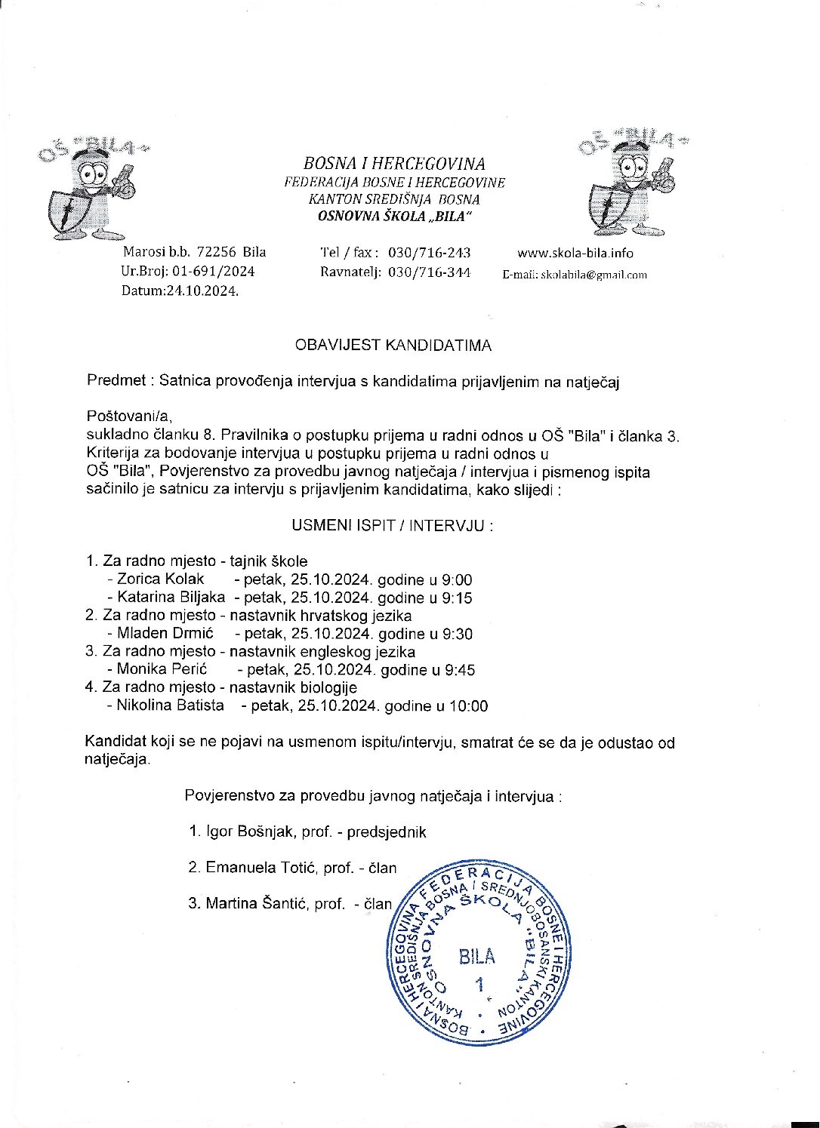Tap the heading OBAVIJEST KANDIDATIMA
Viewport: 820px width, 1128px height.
393,346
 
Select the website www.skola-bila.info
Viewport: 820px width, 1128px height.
575,253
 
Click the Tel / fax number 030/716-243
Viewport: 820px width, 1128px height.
429,253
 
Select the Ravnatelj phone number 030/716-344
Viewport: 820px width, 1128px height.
429,272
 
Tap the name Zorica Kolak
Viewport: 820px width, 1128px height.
160,579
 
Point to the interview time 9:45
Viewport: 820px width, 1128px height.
460,670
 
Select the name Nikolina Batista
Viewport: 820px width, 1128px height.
170,705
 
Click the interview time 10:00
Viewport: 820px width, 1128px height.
469,707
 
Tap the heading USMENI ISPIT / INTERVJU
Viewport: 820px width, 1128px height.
393,525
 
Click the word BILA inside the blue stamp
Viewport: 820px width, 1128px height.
477,957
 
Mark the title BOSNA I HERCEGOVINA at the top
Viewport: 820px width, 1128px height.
394,164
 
